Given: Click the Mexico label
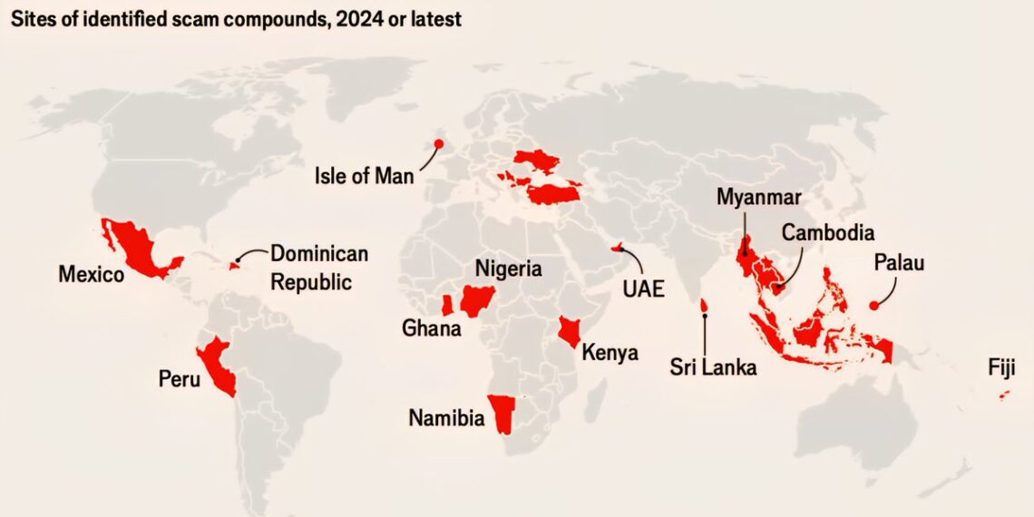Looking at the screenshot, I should (x=91, y=273).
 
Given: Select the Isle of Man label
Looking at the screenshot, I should (x=364, y=175).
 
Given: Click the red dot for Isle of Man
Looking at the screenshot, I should (x=439, y=143).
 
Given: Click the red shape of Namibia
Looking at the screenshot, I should (x=502, y=413).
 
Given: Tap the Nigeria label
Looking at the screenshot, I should (x=508, y=268).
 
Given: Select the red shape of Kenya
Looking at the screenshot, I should (x=570, y=330).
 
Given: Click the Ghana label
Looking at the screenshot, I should (x=432, y=327).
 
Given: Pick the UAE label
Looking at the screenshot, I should (x=643, y=289).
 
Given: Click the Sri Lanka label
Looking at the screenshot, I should (x=713, y=367).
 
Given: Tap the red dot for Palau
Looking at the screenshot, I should (x=874, y=306).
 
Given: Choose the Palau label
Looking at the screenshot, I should (x=898, y=263).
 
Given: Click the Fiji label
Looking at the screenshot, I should (x=1001, y=367).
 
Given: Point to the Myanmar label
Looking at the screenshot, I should (x=759, y=197).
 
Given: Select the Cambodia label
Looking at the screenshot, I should (x=827, y=232).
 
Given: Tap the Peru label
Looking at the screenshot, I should (x=179, y=378).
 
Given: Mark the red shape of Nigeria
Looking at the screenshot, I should (x=476, y=298).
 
